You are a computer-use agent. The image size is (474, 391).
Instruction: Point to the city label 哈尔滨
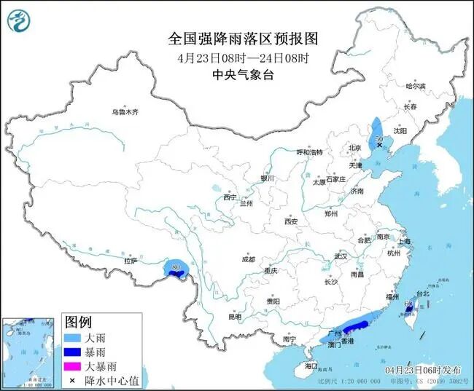tap(415, 86)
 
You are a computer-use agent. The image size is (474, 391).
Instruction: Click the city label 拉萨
tap(131, 260)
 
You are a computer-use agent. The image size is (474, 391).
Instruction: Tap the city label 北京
tap(355, 148)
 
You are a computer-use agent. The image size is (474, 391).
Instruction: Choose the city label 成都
tap(248, 259)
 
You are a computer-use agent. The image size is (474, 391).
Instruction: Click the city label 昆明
tap(234, 317)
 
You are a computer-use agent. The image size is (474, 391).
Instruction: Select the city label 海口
tap(311, 365)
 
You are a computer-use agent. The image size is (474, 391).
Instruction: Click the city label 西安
tap(292, 221)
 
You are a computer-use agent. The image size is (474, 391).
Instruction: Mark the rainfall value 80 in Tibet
tap(175, 269)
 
